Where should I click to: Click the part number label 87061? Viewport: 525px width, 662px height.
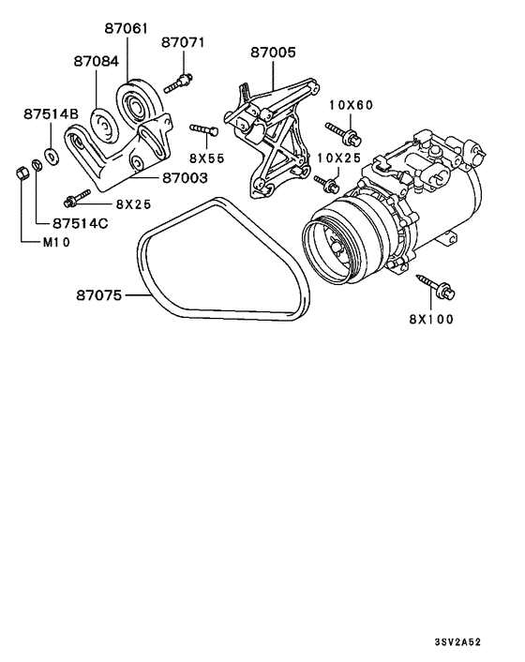[126, 29]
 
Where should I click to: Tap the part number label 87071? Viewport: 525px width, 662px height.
[182, 43]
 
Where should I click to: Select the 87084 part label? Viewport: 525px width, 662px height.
[97, 60]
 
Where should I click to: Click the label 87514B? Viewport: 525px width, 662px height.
[50, 113]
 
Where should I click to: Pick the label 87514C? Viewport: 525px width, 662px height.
[80, 223]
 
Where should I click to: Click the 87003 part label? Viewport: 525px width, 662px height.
[185, 176]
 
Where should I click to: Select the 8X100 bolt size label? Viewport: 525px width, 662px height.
[430, 319]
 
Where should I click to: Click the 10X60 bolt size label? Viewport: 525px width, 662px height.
[349, 106]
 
